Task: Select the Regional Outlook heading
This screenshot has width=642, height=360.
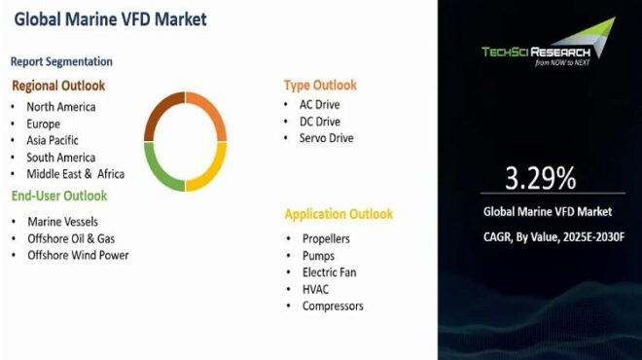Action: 58,86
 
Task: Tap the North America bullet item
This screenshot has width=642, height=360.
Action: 60,107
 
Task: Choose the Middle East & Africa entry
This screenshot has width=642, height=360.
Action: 75,174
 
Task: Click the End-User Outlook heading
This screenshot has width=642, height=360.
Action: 59,196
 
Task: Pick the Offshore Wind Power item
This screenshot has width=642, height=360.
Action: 78,255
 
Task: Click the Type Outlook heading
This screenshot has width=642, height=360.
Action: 320,85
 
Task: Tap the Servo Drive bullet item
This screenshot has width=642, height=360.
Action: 327,138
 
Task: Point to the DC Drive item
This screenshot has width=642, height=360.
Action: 320,122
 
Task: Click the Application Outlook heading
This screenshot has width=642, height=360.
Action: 339,214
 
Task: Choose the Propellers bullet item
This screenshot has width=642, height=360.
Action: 326,238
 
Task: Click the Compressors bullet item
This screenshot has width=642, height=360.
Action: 333,306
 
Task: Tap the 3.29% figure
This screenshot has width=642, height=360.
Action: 540,178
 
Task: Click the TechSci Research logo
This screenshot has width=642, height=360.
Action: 548,49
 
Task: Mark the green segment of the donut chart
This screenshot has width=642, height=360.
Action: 159,167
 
